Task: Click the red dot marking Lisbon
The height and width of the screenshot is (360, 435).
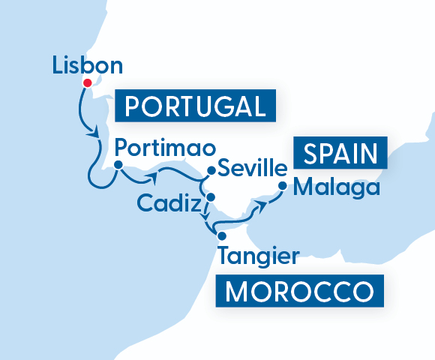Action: (x=87, y=82)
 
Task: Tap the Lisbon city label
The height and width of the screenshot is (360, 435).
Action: (x=88, y=65)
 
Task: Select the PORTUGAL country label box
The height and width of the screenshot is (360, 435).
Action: (x=195, y=106)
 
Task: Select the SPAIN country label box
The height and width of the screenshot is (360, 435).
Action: (x=340, y=154)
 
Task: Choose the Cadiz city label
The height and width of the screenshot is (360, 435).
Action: (x=169, y=203)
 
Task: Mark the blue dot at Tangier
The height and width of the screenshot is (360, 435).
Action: (x=221, y=235)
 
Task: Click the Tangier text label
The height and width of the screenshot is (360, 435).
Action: (x=257, y=255)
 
